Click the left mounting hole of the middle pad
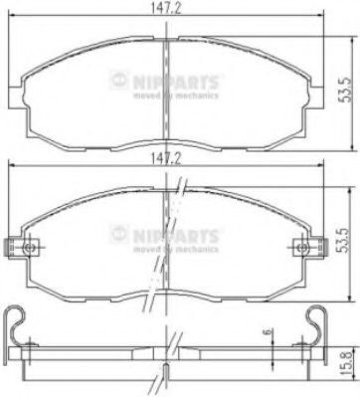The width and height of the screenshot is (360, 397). (x=29, y=247)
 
